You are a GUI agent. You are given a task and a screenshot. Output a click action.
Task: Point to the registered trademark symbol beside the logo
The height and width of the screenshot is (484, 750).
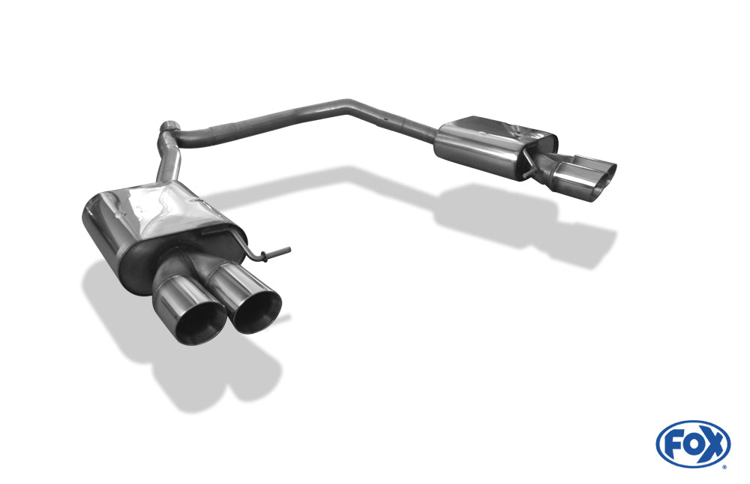click(x=724, y=466)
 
